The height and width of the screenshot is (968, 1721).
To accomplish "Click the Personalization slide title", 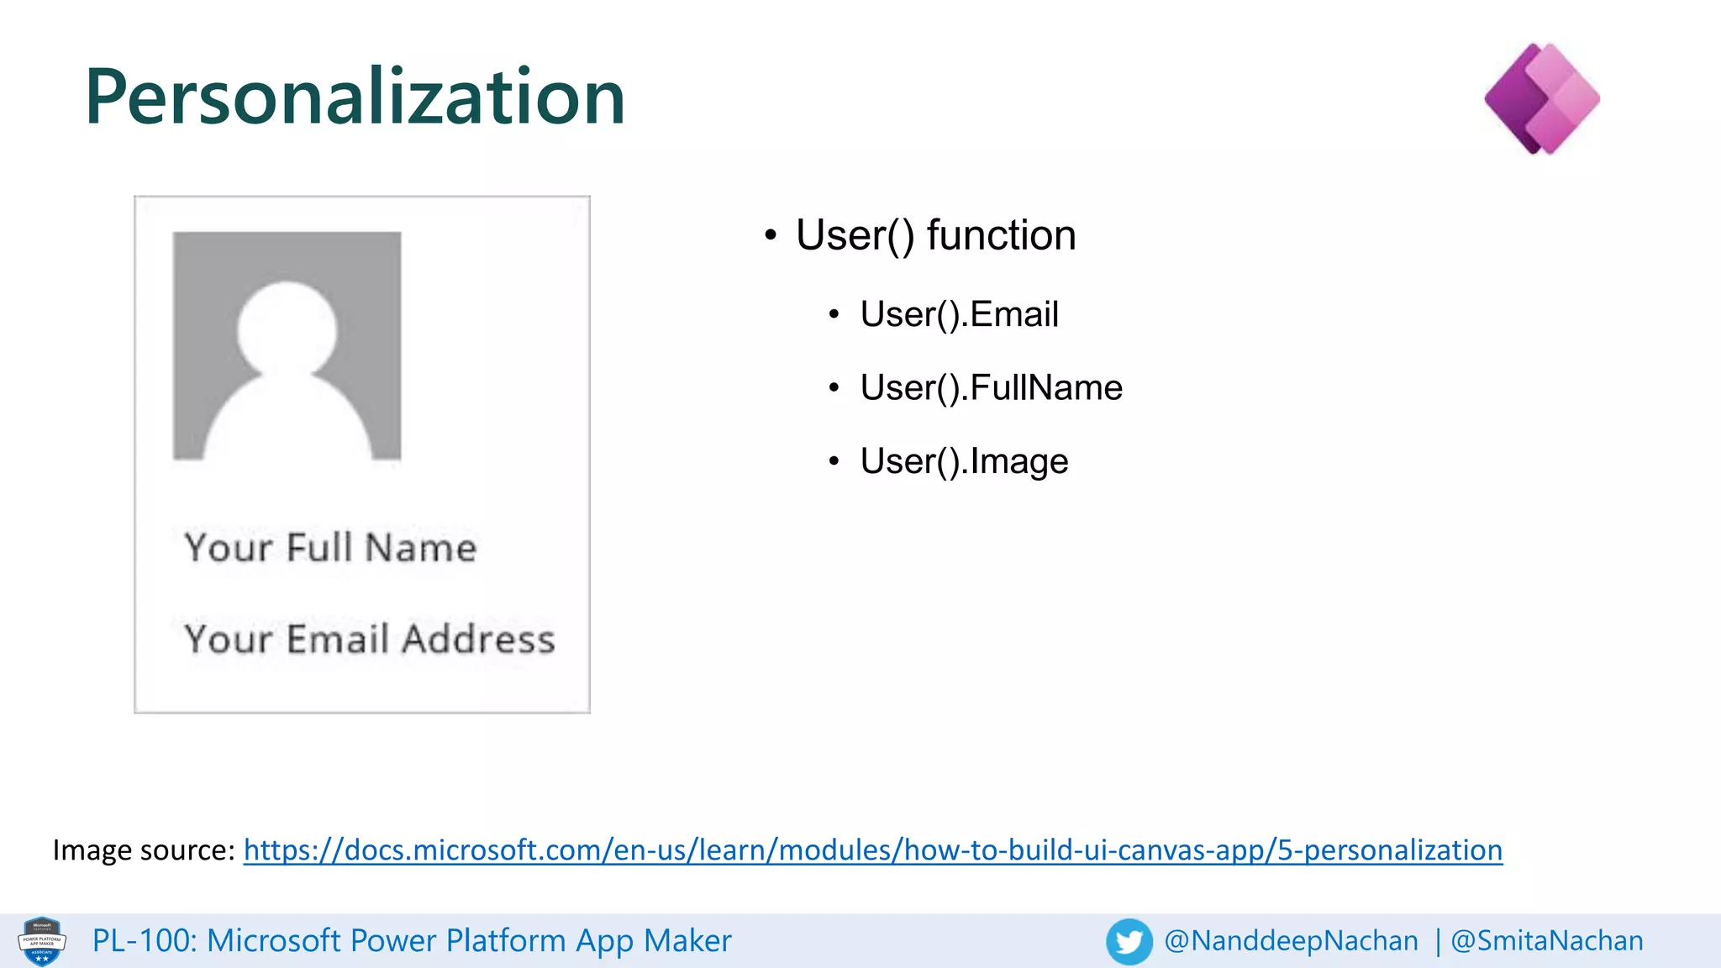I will pos(355,97).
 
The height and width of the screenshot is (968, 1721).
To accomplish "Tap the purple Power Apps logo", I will pos(1542,99).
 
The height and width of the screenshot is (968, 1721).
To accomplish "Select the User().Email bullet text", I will pos(959,314).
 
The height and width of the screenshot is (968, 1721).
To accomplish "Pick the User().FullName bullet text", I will pos(991,387).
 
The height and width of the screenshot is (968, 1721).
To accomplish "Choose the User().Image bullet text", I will pos(964,461).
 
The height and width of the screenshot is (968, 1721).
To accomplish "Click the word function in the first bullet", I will pos(1001,235).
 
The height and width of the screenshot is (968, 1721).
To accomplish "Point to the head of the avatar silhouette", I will pos(287,329).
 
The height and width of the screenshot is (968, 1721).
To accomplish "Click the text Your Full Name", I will pos(330,548).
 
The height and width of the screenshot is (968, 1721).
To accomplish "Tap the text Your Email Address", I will pos(370,639).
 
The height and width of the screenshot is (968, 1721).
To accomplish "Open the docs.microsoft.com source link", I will pos(872,850).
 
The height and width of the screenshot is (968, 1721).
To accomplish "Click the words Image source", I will pos(143,850).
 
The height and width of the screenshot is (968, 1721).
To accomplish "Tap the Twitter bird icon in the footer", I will pos(1129,941).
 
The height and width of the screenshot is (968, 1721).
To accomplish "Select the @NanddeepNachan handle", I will pos(1291,941).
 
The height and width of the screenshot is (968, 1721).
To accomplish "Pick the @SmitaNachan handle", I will pos(1546,941).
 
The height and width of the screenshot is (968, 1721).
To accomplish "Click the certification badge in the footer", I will pos(42,941).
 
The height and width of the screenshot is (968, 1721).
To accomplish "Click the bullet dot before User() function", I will pos(771,236).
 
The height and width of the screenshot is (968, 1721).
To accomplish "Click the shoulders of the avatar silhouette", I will pos(287,420).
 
